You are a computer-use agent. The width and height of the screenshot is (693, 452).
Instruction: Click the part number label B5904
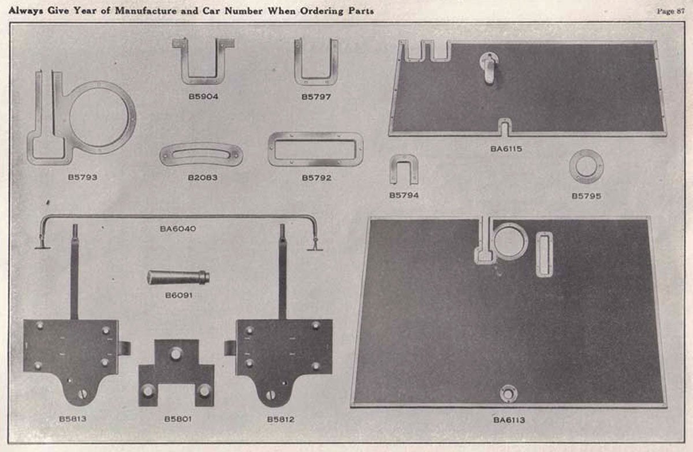203,97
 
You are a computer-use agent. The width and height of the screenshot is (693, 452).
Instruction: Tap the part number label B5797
316,97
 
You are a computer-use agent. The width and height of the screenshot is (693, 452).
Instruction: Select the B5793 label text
82,177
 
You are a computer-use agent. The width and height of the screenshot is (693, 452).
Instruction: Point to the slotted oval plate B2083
201,154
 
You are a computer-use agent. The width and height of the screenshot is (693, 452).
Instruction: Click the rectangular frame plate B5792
315,150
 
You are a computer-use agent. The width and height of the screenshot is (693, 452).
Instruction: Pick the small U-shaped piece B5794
404,170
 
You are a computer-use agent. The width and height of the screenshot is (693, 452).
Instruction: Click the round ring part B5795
586,166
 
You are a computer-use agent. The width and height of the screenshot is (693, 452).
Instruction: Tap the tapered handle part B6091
177,277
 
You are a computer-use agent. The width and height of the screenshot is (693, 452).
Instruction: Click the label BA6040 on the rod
178,229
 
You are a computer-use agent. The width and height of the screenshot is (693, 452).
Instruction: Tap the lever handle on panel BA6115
489,67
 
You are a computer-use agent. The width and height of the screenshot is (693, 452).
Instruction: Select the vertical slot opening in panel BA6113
544,254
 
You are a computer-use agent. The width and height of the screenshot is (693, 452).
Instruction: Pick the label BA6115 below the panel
507,149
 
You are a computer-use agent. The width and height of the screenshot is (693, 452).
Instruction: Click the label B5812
281,419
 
